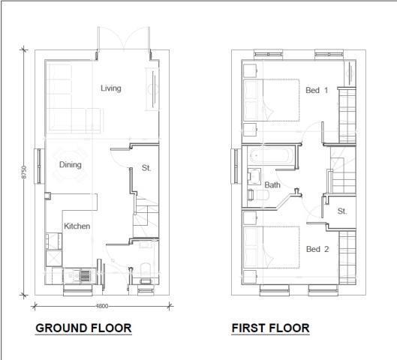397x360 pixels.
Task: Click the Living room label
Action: (111, 88)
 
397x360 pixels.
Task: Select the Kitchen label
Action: (77, 226)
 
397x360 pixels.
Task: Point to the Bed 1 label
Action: (317, 91)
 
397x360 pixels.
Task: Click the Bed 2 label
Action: (317, 249)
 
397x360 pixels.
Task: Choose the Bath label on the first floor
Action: (272, 184)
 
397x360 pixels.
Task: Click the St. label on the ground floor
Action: (146, 168)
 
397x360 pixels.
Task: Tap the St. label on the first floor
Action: (342, 211)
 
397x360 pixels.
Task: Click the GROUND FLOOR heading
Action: (83, 328)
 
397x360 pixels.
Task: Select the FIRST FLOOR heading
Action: (270, 328)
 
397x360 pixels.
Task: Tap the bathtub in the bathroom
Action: (268, 159)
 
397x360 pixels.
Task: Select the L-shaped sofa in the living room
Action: (68, 101)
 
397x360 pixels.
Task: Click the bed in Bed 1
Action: (270, 99)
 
